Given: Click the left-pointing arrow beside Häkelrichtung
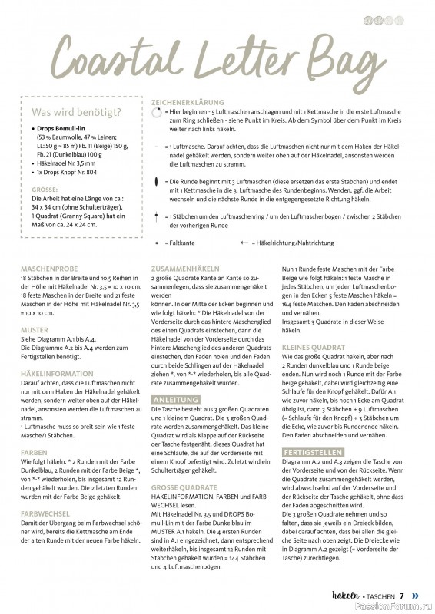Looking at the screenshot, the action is tap(244, 242).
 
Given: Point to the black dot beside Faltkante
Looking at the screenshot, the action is tap(158, 242).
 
